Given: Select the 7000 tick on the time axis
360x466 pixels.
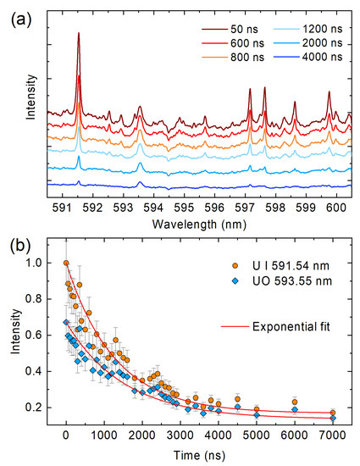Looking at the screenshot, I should click(333, 438).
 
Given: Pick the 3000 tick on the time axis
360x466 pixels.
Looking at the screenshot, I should click(180, 438).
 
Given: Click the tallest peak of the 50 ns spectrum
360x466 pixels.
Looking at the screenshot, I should click(79, 35).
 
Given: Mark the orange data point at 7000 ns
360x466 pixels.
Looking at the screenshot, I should click(333, 413).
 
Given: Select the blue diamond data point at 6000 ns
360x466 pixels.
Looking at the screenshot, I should click(295, 409).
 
